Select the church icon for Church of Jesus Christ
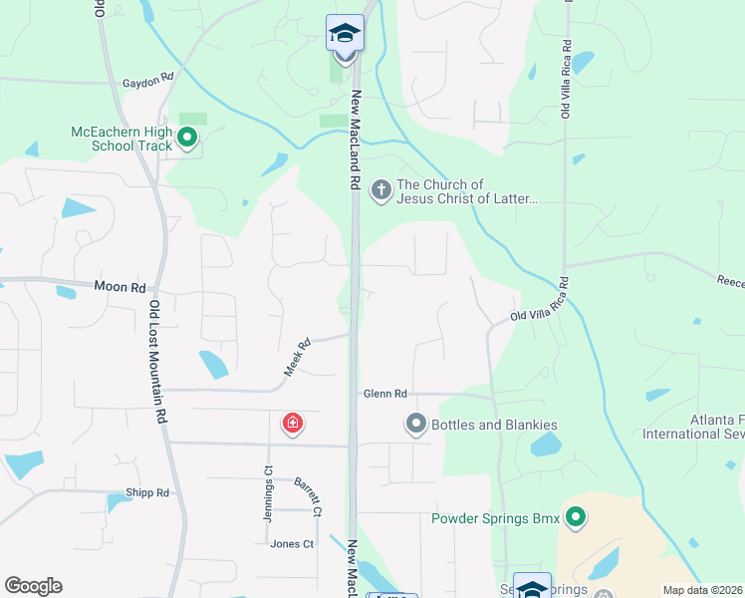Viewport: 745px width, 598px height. click(380, 188)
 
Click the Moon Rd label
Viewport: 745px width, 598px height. click(120, 287)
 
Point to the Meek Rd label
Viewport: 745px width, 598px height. click(298, 357)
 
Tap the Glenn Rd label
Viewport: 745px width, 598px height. click(385, 395)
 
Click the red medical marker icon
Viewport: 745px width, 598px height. click(293, 424)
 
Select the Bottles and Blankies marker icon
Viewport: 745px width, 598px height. click(415, 425)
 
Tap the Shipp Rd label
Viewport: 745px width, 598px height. click(147, 492)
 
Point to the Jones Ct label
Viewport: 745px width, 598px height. click(292, 544)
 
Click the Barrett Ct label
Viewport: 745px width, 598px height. click(308, 496)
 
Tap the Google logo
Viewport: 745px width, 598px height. click(33, 586)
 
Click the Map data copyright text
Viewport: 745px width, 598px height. click(703, 590)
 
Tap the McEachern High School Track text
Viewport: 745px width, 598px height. click(122, 139)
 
